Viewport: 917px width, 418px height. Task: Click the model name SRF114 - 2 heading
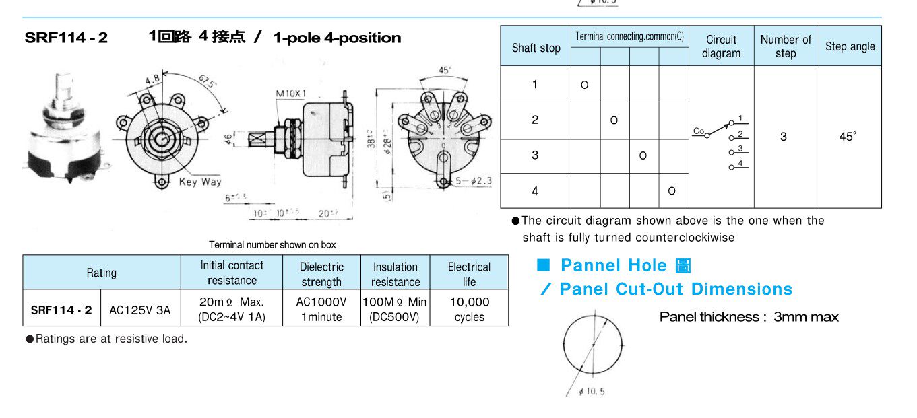(66, 38)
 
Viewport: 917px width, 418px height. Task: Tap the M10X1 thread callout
(291, 93)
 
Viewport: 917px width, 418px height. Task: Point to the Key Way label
(200, 182)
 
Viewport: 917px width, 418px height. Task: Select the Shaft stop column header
(536, 47)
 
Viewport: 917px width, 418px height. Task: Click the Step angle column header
(850, 46)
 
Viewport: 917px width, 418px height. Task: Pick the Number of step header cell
(786, 46)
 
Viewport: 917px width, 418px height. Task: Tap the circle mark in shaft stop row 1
(585, 85)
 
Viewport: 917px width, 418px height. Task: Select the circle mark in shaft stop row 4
(672, 191)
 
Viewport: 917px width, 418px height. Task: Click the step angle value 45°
(848, 137)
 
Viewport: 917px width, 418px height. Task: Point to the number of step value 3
(784, 137)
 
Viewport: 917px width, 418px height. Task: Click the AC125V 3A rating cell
(140, 310)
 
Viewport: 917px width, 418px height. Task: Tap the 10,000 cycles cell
(469, 309)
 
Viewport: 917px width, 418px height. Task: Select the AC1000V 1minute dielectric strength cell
(321, 309)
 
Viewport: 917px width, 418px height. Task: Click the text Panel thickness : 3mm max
(749, 317)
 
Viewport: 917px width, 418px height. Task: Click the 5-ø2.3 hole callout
(475, 181)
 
